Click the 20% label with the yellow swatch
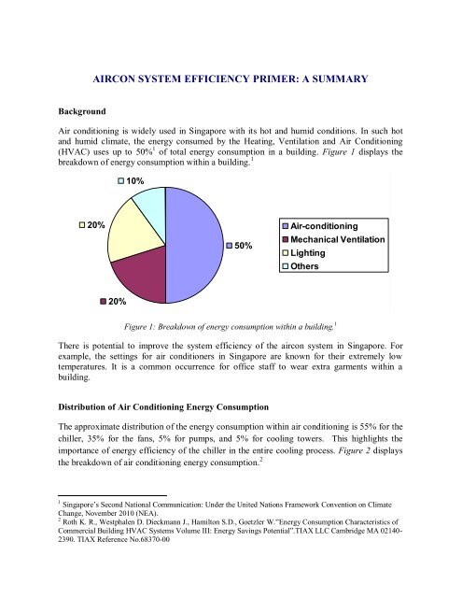91,225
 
